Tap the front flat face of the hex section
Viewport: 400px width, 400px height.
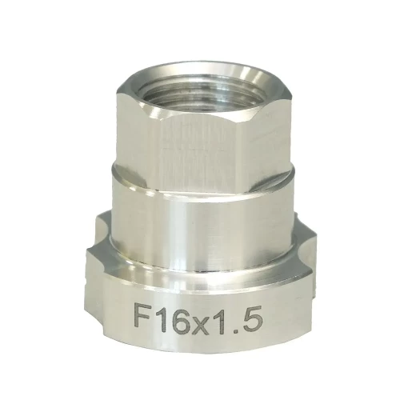click(202, 150)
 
